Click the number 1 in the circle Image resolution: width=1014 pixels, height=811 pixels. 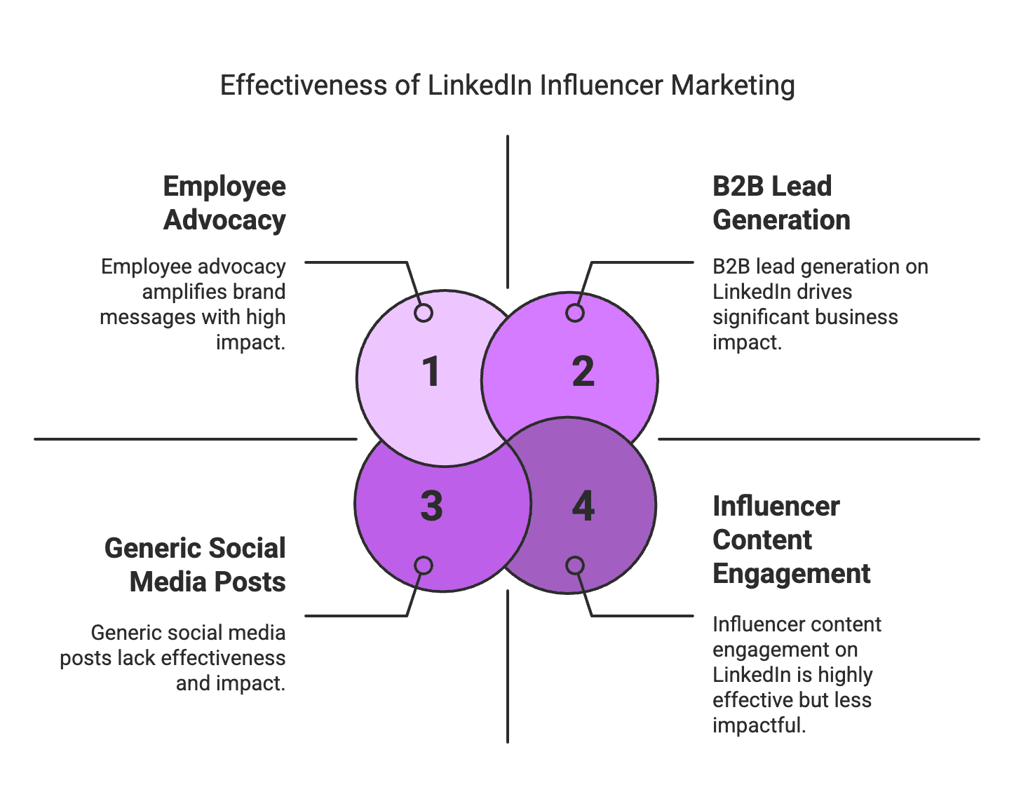(431, 372)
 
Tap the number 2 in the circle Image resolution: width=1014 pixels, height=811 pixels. (583, 372)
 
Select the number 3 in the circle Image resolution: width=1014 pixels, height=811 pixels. (431, 507)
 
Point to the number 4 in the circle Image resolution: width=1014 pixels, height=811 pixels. (583, 507)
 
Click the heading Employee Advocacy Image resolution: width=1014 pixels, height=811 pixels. (224, 203)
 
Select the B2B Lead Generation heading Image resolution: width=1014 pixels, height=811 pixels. (781, 203)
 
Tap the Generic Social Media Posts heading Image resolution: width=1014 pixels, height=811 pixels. (195, 565)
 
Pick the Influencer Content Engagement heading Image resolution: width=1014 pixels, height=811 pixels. (791, 539)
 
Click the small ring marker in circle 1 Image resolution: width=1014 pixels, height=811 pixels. (424, 313)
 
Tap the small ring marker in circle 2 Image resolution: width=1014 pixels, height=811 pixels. (575, 313)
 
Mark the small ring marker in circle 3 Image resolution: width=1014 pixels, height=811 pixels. (424, 565)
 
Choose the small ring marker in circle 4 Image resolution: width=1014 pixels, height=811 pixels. (575, 565)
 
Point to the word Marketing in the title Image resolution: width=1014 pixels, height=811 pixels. (733, 86)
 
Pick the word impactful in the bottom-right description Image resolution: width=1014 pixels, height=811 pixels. (759, 725)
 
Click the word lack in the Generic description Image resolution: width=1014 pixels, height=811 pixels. (136, 658)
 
